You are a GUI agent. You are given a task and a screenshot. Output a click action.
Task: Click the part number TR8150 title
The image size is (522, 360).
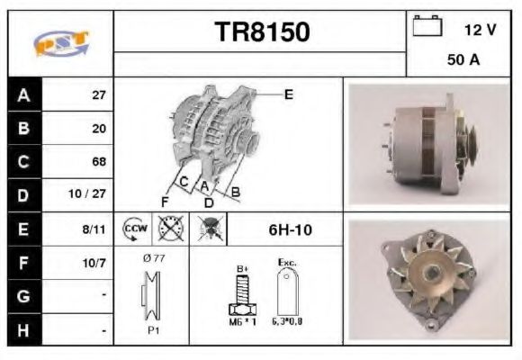pyautogui.click(x=262, y=32)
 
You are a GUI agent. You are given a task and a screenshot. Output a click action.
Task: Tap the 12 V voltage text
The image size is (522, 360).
pyautogui.click(x=480, y=30)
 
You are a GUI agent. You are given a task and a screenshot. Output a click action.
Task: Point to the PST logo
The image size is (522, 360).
pyautogui.click(x=60, y=43)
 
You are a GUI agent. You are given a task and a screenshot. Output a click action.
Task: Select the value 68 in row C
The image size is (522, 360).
pyautogui.click(x=99, y=162)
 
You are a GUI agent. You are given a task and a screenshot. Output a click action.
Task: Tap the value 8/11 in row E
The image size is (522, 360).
pyautogui.click(x=94, y=229)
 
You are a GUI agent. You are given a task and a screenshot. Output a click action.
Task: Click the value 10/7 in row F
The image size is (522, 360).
pyautogui.click(x=94, y=265)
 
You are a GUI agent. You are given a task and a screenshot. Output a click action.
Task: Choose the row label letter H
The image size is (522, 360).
pyautogui.click(x=22, y=330)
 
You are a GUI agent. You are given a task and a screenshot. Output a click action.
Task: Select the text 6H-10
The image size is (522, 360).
pyautogui.click(x=290, y=230)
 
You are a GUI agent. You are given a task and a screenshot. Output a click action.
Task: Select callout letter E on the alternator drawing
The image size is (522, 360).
pyautogui.click(x=288, y=93)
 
